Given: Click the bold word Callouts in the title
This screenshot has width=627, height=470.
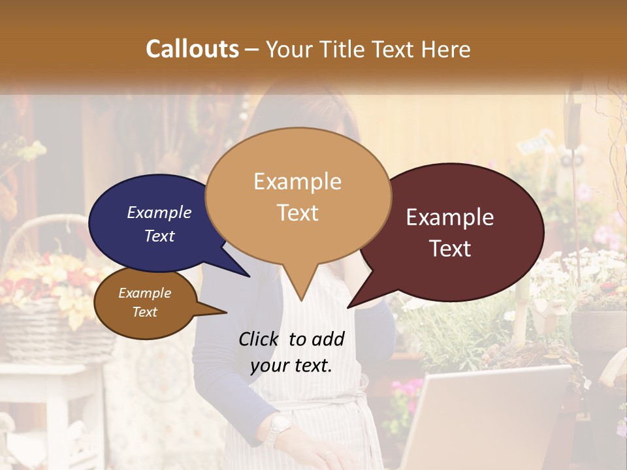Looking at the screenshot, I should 192,49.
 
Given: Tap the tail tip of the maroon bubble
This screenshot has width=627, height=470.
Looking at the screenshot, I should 349,307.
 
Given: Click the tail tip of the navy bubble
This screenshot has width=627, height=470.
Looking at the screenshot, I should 249,276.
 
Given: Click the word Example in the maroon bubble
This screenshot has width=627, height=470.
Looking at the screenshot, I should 450,217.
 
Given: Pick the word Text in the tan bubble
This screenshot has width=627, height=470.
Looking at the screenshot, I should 298,213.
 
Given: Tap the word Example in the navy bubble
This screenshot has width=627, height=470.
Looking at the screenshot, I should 159,212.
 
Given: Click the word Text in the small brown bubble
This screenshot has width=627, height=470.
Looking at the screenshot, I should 145,312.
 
